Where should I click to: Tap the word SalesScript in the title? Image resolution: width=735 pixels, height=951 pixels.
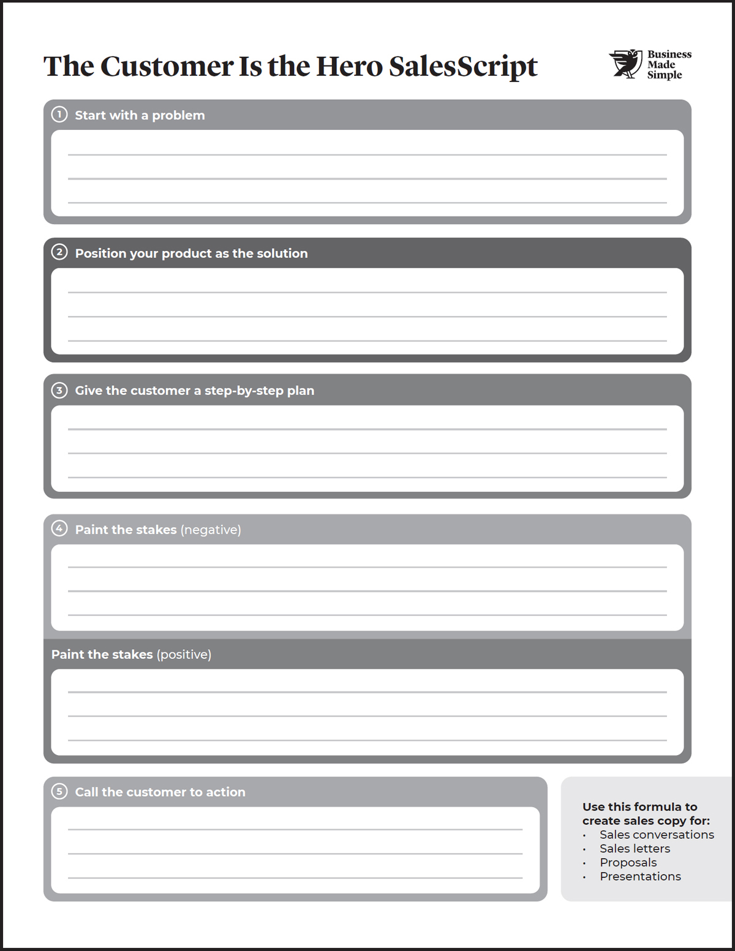[463, 66]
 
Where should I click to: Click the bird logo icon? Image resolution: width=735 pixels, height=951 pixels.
[625, 64]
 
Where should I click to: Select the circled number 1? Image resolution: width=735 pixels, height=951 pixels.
[59, 115]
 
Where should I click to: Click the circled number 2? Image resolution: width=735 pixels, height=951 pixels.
[59, 252]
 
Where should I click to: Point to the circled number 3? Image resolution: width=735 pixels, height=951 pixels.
[59, 390]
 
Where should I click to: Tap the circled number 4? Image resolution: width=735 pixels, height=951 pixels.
[59, 528]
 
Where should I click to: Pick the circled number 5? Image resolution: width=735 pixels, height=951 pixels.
[59, 791]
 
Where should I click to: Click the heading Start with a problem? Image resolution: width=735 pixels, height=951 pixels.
[140, 115]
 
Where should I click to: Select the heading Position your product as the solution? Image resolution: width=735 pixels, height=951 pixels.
[191, 254]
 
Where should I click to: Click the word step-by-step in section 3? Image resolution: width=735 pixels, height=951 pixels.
[244, 391]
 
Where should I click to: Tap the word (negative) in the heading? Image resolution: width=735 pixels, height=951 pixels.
[211, 530]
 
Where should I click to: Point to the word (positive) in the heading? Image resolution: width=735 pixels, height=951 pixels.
[184, 655]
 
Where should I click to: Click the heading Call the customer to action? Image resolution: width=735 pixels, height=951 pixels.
[160, 792]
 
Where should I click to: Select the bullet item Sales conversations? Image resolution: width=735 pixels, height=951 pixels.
[657, 835]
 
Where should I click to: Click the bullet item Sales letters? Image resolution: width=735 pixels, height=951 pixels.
[635, 849]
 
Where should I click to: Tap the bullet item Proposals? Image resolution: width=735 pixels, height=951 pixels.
[628, 863]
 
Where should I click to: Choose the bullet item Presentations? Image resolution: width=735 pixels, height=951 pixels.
[640, 877]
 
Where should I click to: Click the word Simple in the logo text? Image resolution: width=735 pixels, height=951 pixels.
[665, 75]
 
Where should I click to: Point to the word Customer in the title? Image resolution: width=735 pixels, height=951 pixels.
[167, 66]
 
